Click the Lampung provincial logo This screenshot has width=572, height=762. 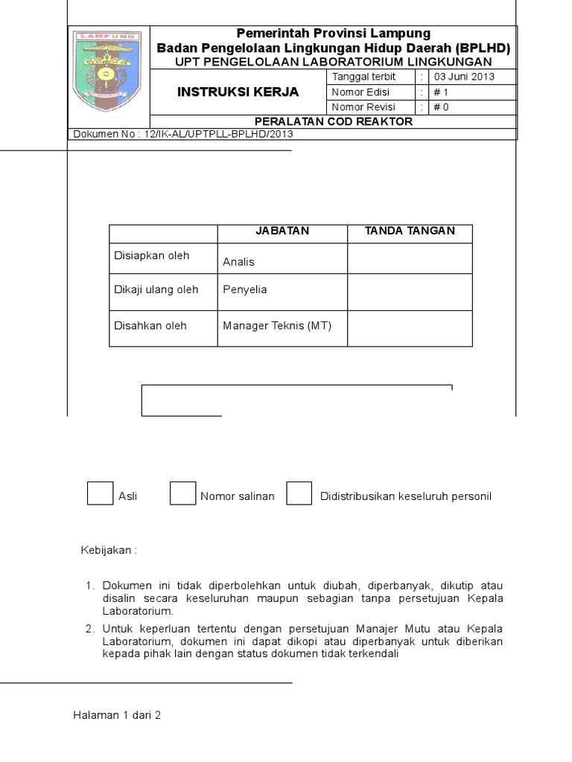pos(107,71)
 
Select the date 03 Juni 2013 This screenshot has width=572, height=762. pos(463,77)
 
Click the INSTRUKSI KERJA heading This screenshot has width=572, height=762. pos(237,92)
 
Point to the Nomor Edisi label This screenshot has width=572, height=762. pos(361,92)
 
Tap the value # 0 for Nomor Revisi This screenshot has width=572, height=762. pos(442,107)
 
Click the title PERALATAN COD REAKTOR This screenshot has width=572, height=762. pos(333,121)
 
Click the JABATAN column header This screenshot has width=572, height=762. pos(282,231)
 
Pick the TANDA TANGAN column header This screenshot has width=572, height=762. pos(410,231)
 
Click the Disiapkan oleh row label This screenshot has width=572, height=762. pos(151,256)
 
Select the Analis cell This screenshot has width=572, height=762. pos(239,262)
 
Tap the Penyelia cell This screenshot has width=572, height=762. pos(244,289)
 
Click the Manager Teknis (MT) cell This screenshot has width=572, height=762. pos(277,326)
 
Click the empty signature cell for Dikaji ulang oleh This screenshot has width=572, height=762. pos(410,292)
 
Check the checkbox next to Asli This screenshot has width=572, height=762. pos(100,493)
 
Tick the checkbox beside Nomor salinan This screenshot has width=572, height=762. pos(182,493)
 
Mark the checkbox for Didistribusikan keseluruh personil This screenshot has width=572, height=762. pos(299,493)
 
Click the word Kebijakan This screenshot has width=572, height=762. pos(109,551)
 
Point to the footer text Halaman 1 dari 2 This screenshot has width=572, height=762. pos(117,715)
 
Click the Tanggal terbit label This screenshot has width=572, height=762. pos(363,77)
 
